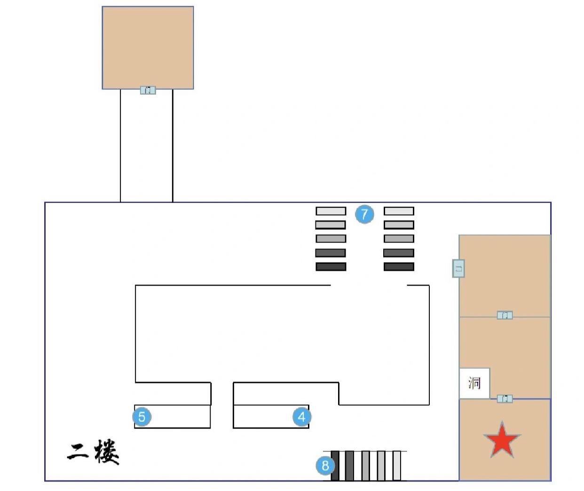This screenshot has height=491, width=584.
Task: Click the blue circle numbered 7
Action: (x=364, y=214)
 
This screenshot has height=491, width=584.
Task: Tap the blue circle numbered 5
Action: (x=142, y=417)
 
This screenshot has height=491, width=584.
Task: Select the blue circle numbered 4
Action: (x=302, y=417)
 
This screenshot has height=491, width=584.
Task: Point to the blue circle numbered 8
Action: (x=325, y=466)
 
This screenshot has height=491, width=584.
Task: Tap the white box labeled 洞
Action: (x=474, y=383)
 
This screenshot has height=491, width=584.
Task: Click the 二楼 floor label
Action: (x=93, y=452)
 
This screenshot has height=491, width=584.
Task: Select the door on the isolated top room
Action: (x=148, y=90)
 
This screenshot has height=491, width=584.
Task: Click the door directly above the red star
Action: (x=505, y=399)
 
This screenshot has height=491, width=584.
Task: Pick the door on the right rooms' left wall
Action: (x=458, y=269)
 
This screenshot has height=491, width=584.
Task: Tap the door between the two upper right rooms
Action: (x=505, y=315)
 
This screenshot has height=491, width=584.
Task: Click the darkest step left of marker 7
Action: (x=331, y=267)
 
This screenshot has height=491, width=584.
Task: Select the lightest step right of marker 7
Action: (x=399, y=211)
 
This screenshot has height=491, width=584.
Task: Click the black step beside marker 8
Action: (x=335, y=466)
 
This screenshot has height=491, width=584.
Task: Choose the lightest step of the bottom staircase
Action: (x=397, y=466)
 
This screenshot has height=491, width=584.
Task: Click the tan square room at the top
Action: (x=148, y=47)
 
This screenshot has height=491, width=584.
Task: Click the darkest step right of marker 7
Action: (x=399, y=267)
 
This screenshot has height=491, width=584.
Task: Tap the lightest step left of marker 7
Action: (x=331, y=211)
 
